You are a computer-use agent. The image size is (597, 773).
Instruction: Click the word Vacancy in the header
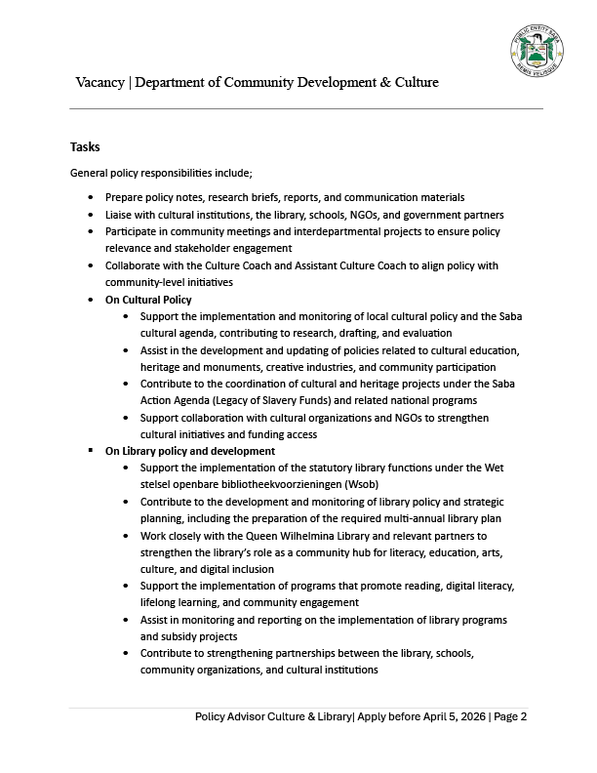[x=100, y=82]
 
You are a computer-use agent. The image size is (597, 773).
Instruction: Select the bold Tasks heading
[x=85, y=146]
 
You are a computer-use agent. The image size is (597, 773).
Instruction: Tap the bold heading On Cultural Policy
[x=148, y=300]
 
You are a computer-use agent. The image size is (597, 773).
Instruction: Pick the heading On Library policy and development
[x=190, y=451]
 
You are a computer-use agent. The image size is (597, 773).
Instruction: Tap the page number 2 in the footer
[x=524, y=716]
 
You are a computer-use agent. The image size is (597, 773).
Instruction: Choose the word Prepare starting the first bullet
[x=126, y=197]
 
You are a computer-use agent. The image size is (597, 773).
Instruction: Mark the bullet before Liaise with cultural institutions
[x=90, y=215]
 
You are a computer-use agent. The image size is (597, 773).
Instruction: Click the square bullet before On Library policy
[x=90, y=451]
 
